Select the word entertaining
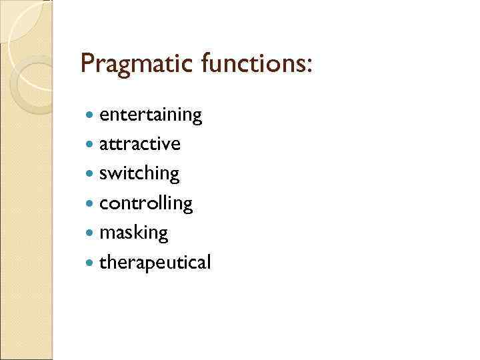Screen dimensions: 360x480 [151, 115]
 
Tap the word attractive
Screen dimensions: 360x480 [139, 144]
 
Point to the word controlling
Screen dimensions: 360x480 [146, 203]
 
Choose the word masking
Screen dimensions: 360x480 [133, 233]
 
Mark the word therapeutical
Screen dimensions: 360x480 [155, 263]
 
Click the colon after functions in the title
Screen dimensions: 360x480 [308, 67]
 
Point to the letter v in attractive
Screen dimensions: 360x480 [166, 145]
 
